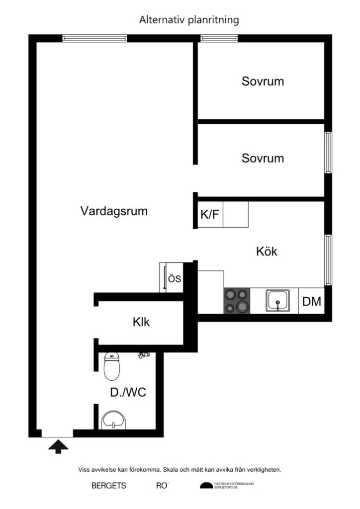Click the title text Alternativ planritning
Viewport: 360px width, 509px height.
189,20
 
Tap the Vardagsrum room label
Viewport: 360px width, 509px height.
114,211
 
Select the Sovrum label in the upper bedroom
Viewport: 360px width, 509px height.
263,81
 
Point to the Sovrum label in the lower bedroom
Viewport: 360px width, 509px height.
263,159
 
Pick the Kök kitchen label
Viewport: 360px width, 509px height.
267,252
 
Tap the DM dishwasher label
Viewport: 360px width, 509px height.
312,301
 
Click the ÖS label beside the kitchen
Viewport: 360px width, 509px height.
174,278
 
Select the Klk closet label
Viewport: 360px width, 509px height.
141,322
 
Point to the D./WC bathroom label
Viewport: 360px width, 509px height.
128,393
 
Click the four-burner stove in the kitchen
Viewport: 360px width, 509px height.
237,301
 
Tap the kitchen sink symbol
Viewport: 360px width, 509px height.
278,301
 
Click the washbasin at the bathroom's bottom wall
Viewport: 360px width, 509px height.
114,422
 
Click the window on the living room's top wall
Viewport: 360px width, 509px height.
94,38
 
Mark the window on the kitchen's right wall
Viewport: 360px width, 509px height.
328,259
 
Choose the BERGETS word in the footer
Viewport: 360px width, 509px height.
108,486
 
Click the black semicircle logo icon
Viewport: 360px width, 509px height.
205,486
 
